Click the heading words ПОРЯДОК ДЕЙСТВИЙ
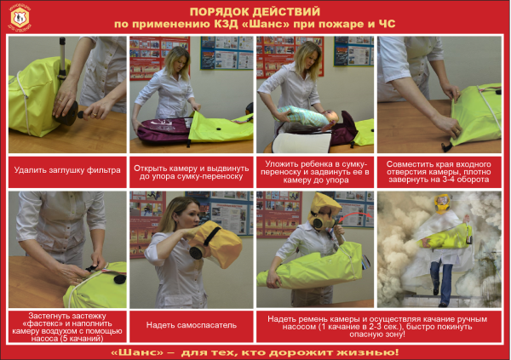coord(255,11)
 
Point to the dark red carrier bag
coord(162,128)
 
